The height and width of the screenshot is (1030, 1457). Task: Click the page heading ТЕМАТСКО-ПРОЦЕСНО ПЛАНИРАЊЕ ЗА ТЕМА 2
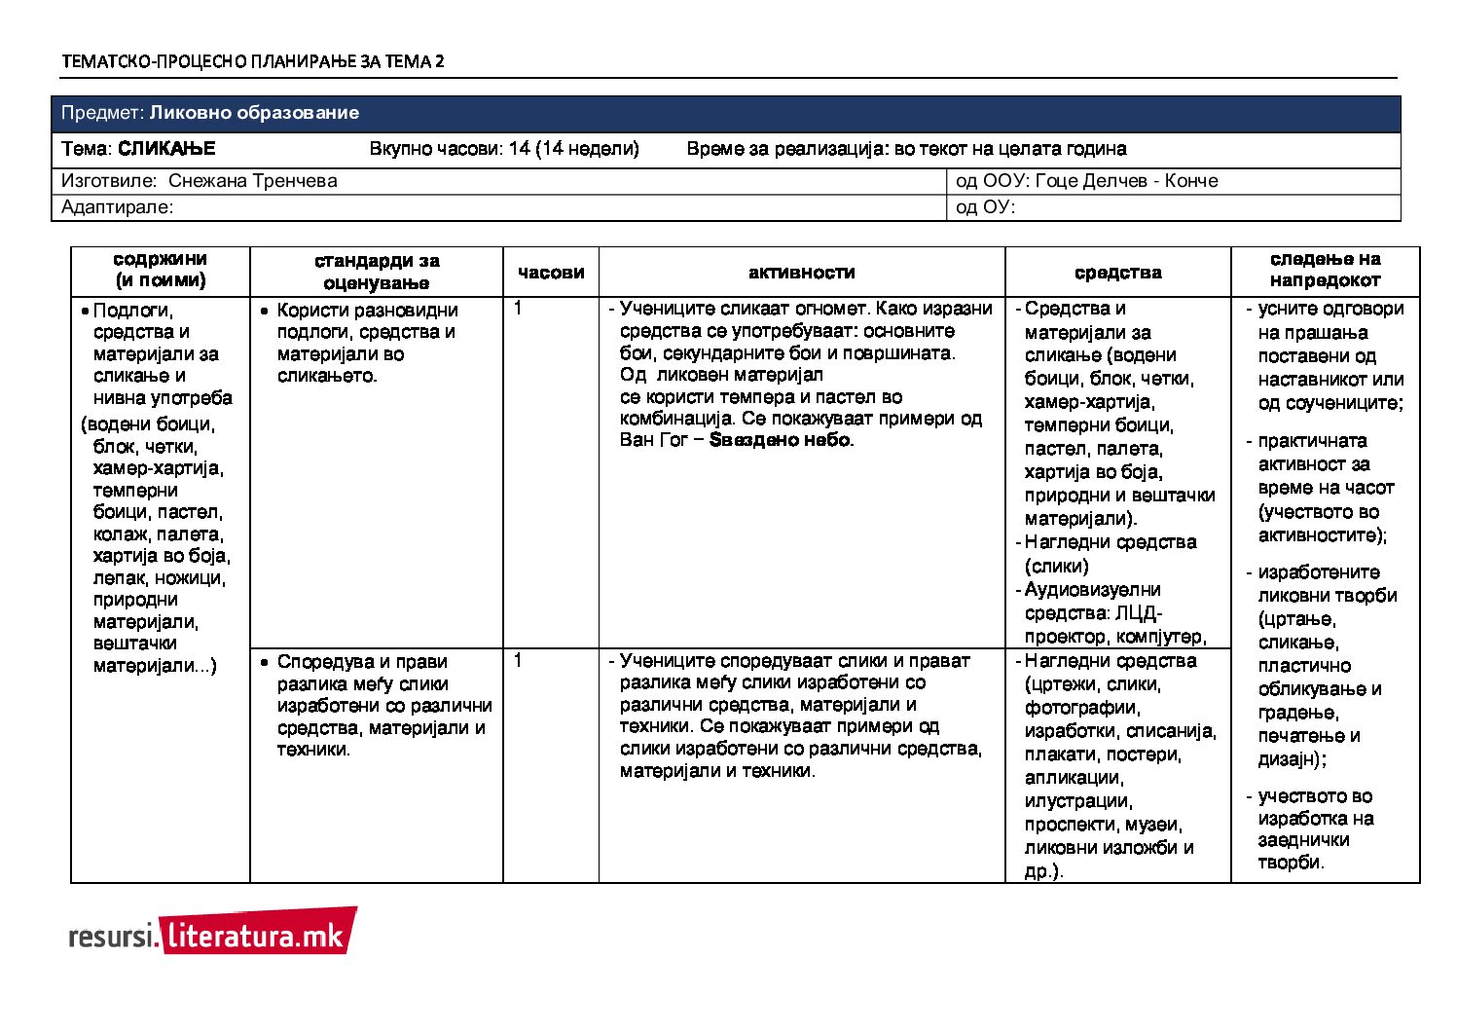tap(253, 62)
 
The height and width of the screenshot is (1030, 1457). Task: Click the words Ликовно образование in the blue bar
tap(254, 113)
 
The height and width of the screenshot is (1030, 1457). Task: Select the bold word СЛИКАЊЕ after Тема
tap(166, 149)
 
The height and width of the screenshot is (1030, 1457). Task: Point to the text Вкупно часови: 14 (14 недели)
tap(504, 149)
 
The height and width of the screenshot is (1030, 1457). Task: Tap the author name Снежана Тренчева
tap(253, 181)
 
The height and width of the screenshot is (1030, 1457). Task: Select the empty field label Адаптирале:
tap(117, 207)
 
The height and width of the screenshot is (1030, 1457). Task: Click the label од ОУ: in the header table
tap(985, 207)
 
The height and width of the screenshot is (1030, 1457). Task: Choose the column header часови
tap(551, 273)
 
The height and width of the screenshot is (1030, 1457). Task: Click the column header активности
tap(802, 273)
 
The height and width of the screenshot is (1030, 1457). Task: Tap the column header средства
tap(1117, 273)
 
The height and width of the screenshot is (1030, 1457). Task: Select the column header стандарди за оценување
tap(377, 273)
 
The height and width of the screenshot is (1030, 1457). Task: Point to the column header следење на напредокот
tap(1325, 271)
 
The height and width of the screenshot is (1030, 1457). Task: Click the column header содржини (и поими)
tap(161, 271)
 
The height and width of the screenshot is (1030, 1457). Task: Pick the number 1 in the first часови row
tap(518, 309)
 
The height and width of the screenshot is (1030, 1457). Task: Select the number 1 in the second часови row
tap(518, 661)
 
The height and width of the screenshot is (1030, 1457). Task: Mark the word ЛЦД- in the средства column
tap(1139, 613)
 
